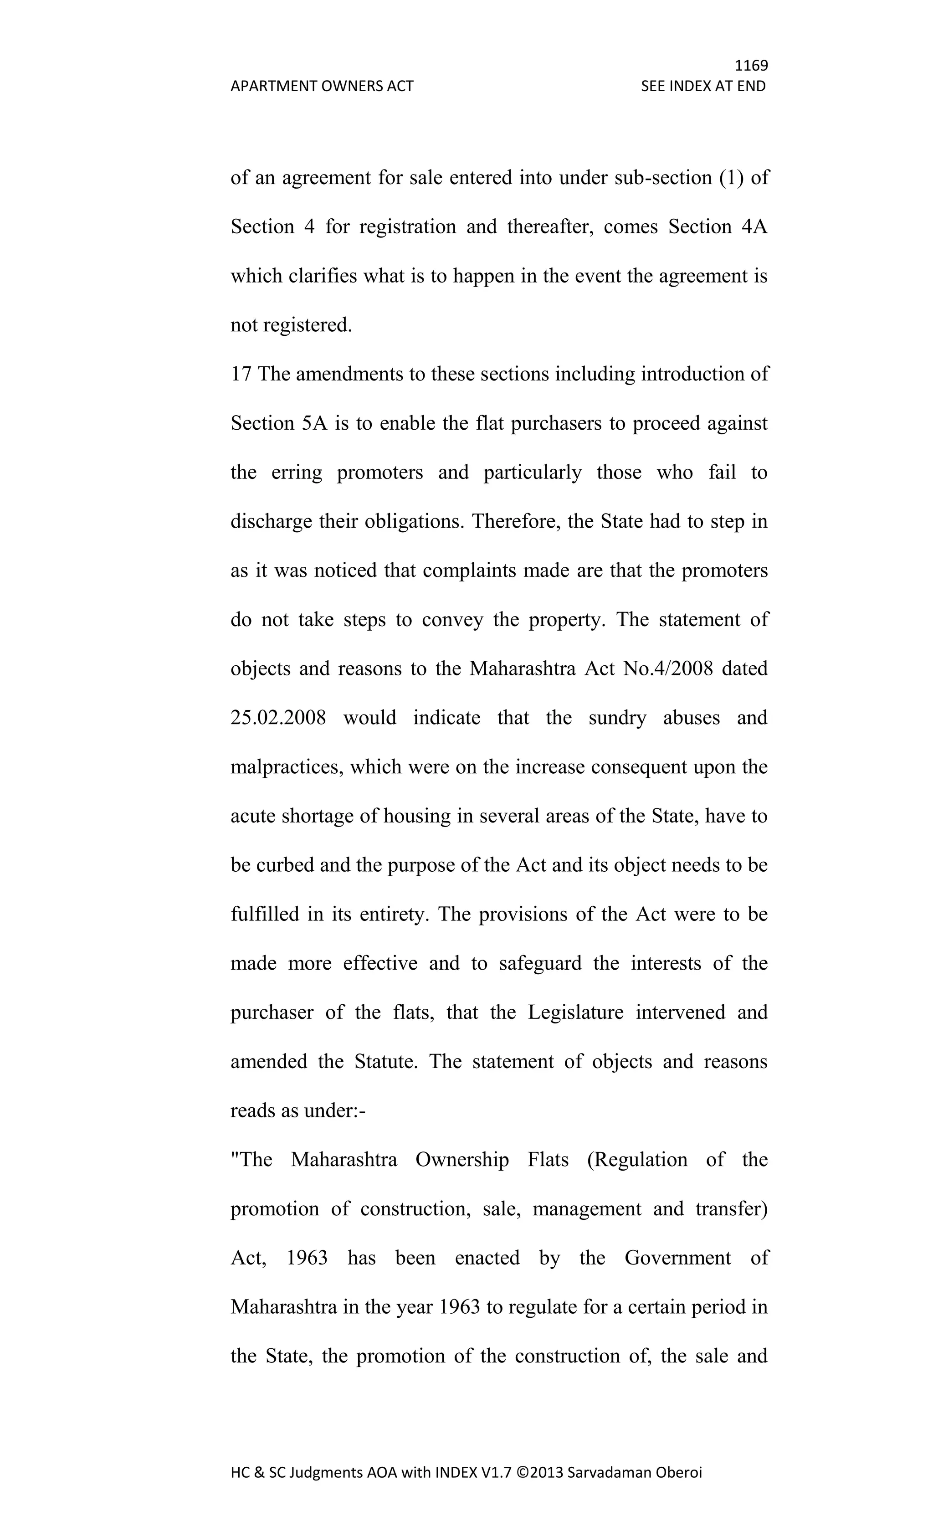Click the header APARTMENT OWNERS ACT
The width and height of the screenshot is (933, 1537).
[x=322, y=86]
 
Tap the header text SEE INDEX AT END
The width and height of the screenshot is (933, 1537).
[x=703, y=86]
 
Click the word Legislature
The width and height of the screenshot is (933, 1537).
[x=575, y=1012]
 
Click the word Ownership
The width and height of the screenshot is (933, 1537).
[x=462, y=1160]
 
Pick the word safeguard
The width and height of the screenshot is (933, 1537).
[x=540, y=963]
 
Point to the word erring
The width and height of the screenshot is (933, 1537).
[x=297, y=472]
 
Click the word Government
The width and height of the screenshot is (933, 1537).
[x=677, y=1258]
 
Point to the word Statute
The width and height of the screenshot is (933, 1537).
[x=385, y=1061]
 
